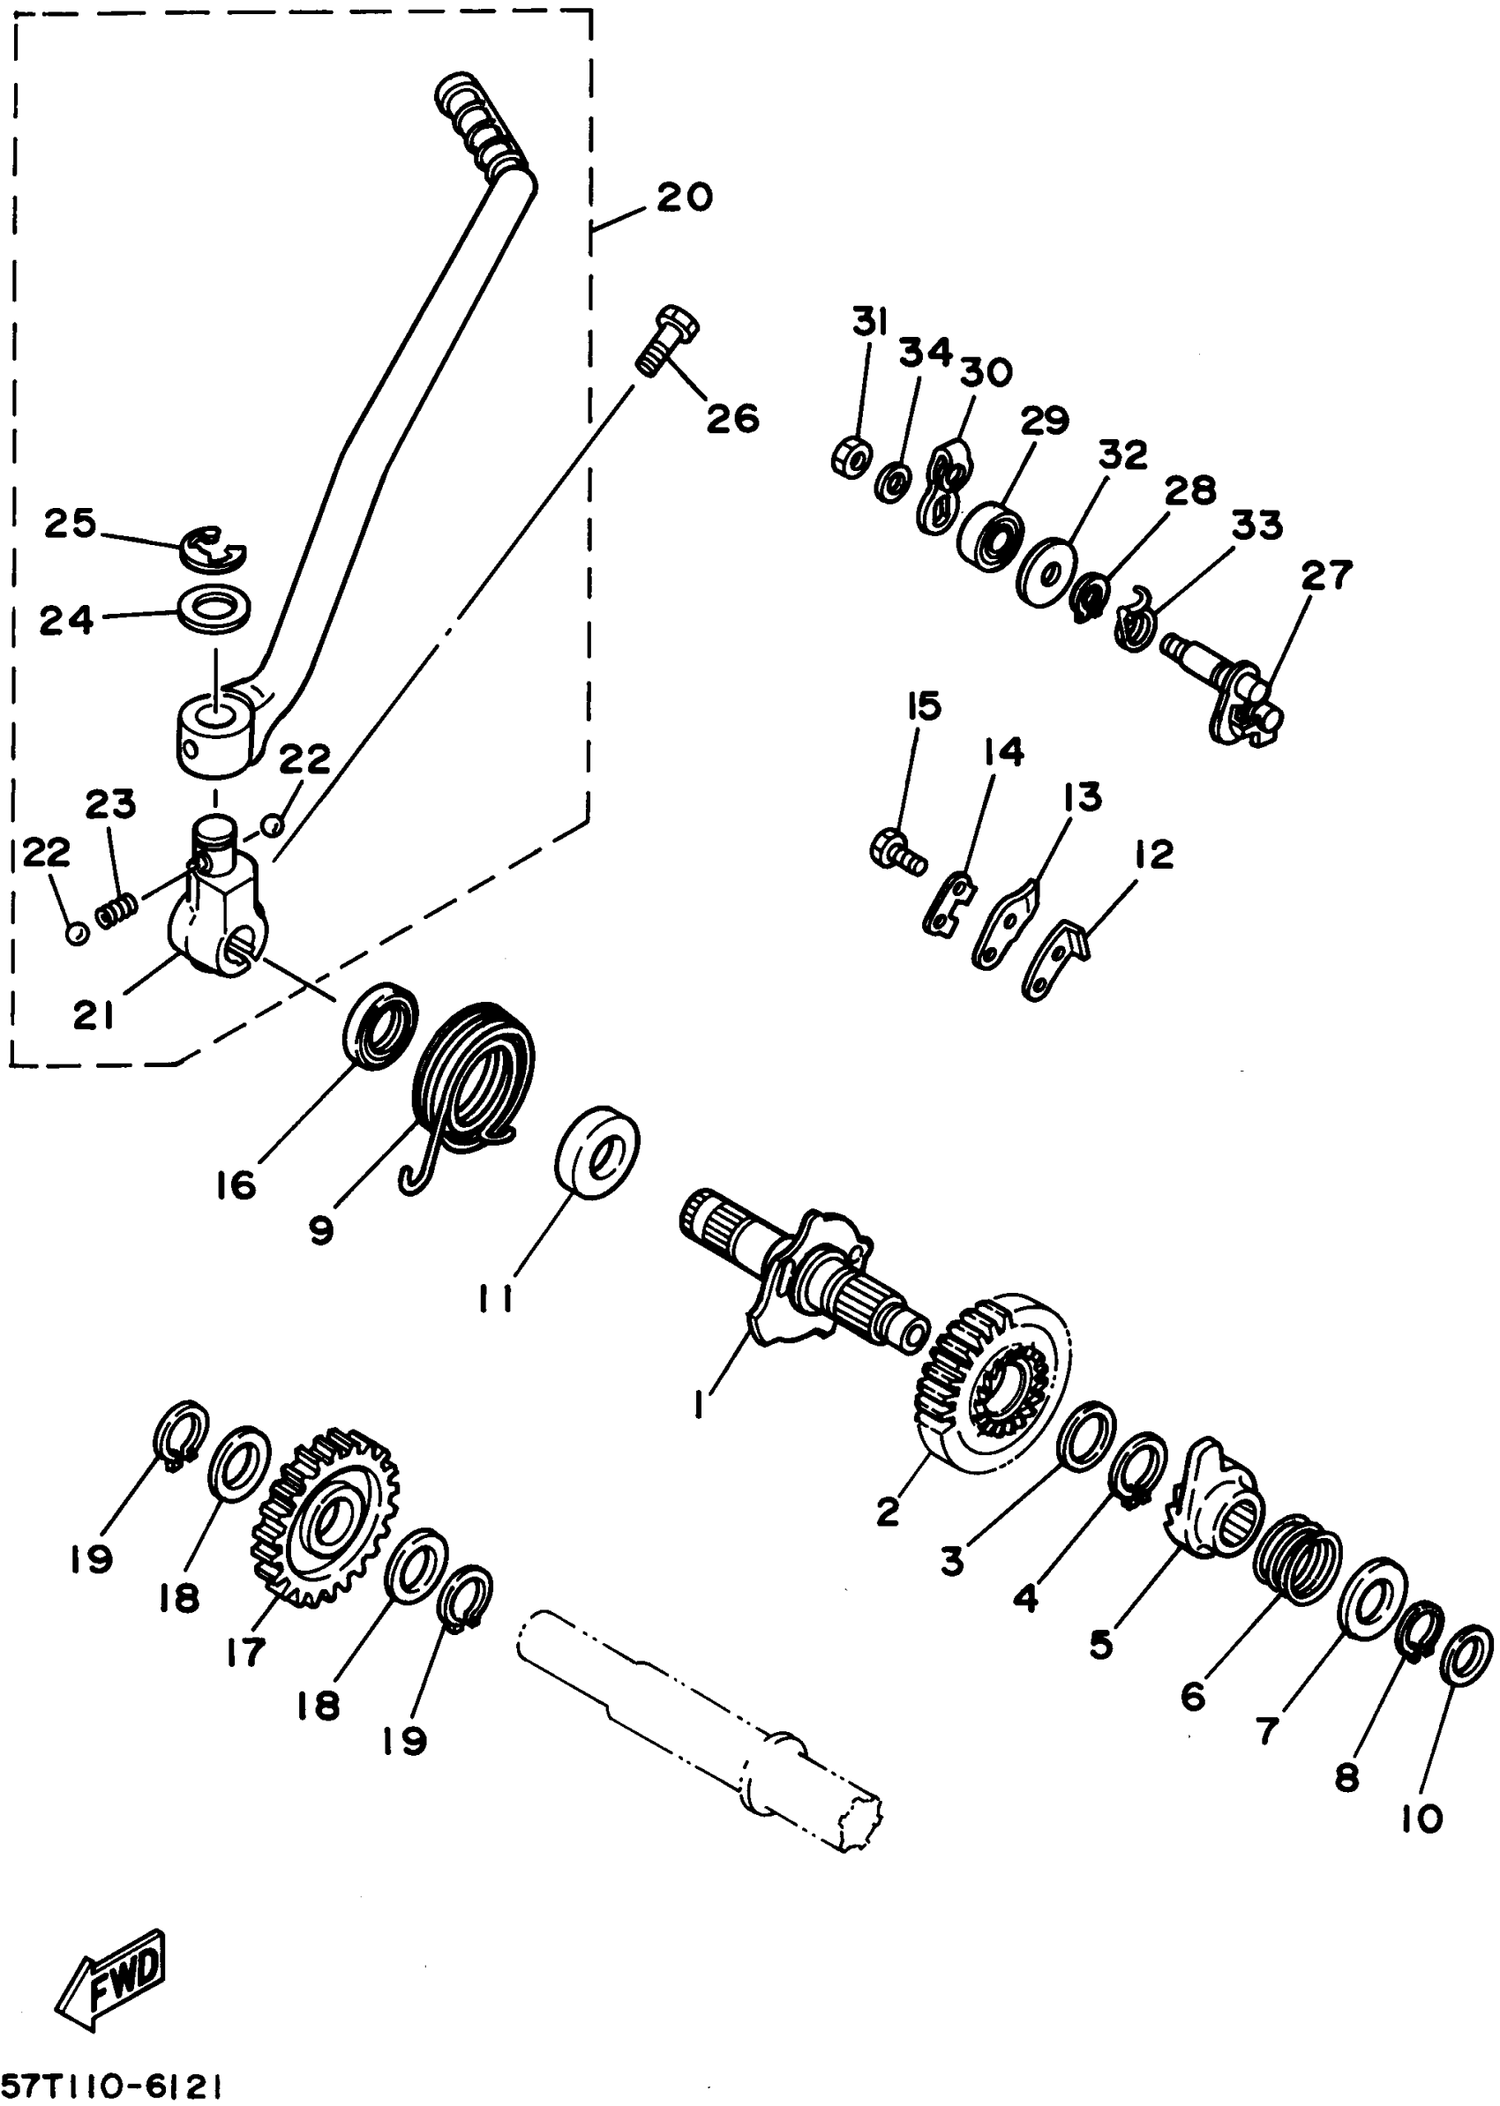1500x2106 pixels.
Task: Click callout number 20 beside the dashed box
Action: coord(685,197)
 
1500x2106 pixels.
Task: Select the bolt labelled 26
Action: coord(667,339)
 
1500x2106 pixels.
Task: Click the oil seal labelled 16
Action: coord(380,1026)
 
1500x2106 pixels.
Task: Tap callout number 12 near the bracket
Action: coord(1153,854)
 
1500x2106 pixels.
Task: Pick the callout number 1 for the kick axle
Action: coord(699,1404)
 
